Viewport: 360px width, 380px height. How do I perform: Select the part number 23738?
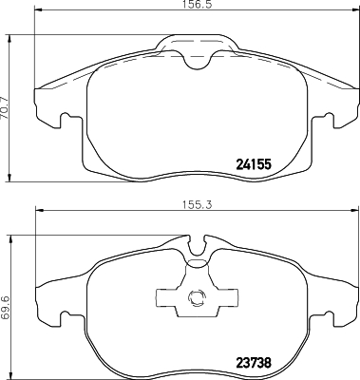pyautogui.click(x=254, y=360)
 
